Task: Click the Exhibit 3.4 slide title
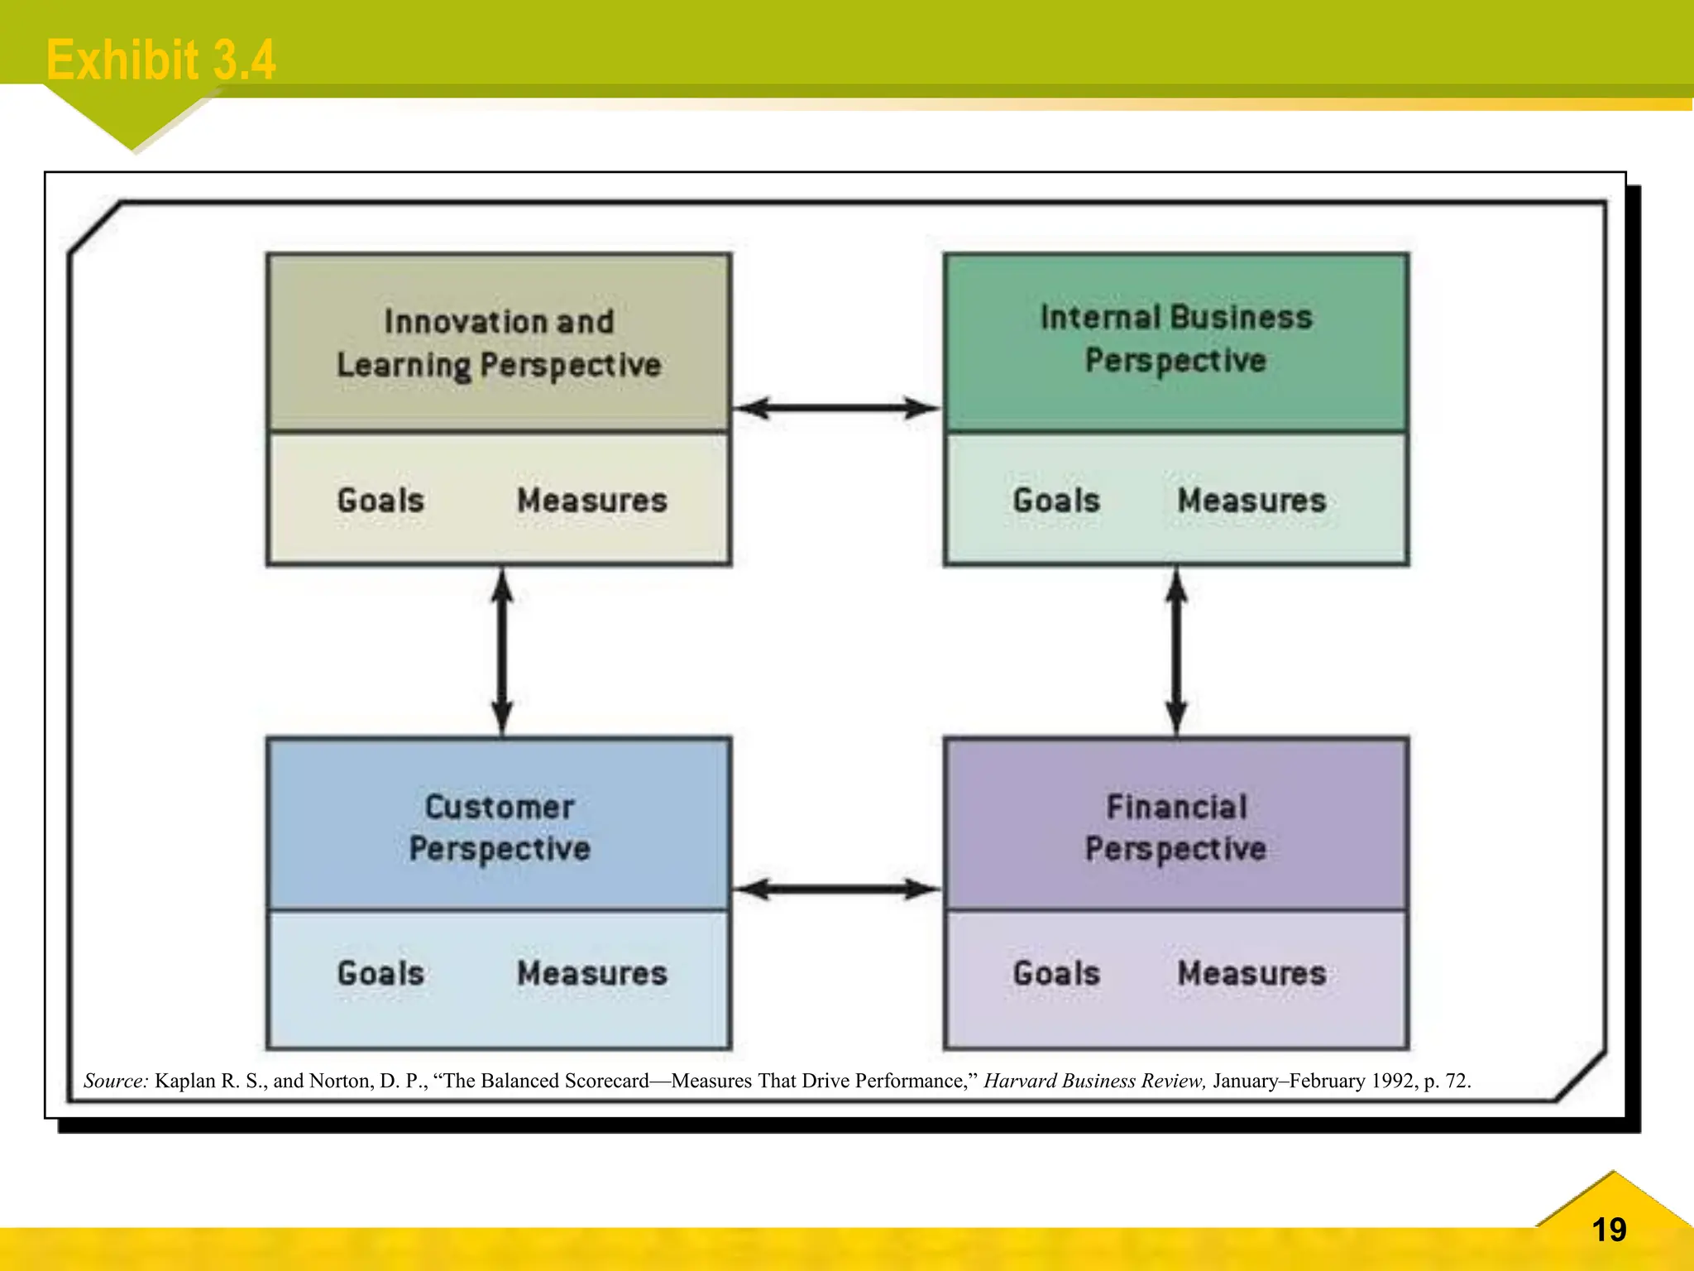coord(160,60)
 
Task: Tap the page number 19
coord(1609,1230)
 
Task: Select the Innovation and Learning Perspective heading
coord(499,343)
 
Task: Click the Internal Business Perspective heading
coord(1175,339)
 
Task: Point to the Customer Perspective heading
coord(500,827)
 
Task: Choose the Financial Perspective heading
coord(1175,827)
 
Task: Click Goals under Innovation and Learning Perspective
coord(380,501)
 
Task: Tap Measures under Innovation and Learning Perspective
coord(592,501)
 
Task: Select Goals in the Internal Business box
coord(1056,501)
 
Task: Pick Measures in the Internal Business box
coord(1251,501)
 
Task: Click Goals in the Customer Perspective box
coord(380,974)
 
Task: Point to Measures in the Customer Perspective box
coord(592,974)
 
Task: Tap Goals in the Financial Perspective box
coord(1056,974)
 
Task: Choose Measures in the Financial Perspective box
coord(1251,974)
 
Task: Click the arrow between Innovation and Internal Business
coord(837,408)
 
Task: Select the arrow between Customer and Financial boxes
coord(837,890)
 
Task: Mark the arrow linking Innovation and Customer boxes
coord(502,651)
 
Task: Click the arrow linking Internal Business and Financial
coord(1176,651)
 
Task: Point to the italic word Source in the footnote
coord(116,1081)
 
